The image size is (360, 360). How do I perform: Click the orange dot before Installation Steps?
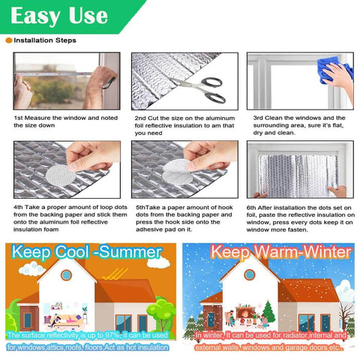click(8, 40)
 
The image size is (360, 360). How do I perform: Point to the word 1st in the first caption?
click(19, 118)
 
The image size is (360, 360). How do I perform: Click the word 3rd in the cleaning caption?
click(258, 118)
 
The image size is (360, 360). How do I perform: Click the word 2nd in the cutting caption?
click(140, 118)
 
